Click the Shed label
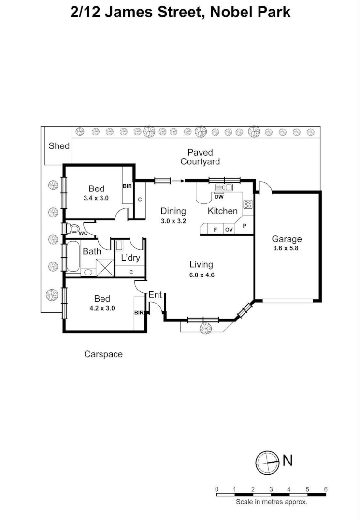pyautogui.click(x=59, y=146)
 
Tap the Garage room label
pyautogui.click(x=286, y=239)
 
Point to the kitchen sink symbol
pyautogui.click(x=224, y=188)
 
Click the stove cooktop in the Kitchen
pyautogui.click(x=248, y=204)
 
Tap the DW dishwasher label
pyautogui.click(x=219, y=197)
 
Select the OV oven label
pyautogui.click(x=229, y=230)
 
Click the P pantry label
pyautogui.click(x=245, y=226)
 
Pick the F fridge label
pyautogui.click(x=216, y=230)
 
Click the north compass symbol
pyautogui.click(x=267, y=462)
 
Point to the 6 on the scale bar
pyautogui.click(x=326, y=489)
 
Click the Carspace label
pyautogui.click(x=103, y=354)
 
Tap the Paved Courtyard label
pyautogui.click(x=200, y=157)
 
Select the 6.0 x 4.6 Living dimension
pyautogui.click(x=202, y=275)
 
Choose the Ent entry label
pyautogui.click(x=155, y=295)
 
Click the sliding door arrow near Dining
pyautogui.click(x=178, y=181)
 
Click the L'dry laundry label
pyautogui.click(x=130, y=258)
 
